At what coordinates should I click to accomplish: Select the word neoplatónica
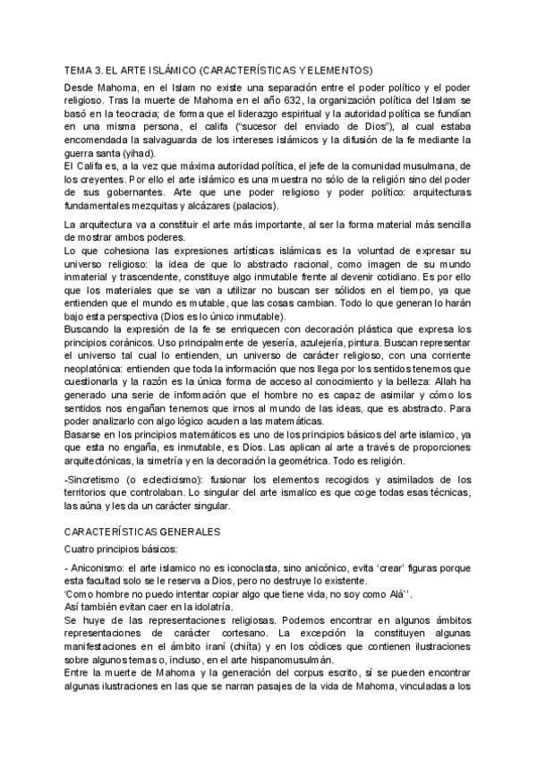103,370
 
